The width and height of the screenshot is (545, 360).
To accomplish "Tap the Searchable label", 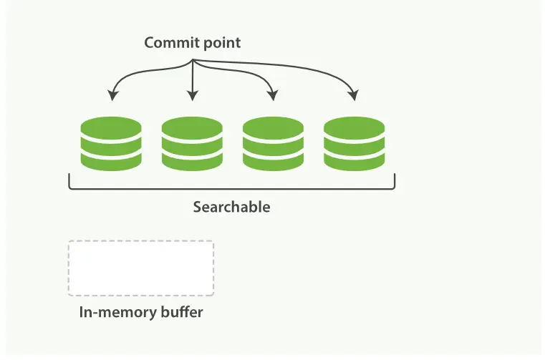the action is tap(231, 207).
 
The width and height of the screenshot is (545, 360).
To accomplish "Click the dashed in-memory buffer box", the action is tap(141, 268).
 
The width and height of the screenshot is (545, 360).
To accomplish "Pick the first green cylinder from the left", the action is tap(111, 144).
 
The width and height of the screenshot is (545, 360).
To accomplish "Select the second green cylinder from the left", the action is tap(192, 144).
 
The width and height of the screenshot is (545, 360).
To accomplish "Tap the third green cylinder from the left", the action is tap(273, 144).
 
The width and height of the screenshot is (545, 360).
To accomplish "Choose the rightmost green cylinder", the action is tap(354, 144).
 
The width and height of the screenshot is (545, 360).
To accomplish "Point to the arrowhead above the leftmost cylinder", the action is tap(112, 95).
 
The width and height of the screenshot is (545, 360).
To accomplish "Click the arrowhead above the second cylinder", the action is tap(192, 95).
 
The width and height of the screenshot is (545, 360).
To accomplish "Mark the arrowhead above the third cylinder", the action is tap(273, 95).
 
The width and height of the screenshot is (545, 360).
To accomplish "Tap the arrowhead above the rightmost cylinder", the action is tap(354, 95).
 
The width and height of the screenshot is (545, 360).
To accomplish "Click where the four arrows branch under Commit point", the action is tap(193, 60).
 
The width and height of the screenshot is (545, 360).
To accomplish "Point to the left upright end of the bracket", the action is tap(69, 180).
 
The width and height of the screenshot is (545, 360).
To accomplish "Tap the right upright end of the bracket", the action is tap(395, 180).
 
